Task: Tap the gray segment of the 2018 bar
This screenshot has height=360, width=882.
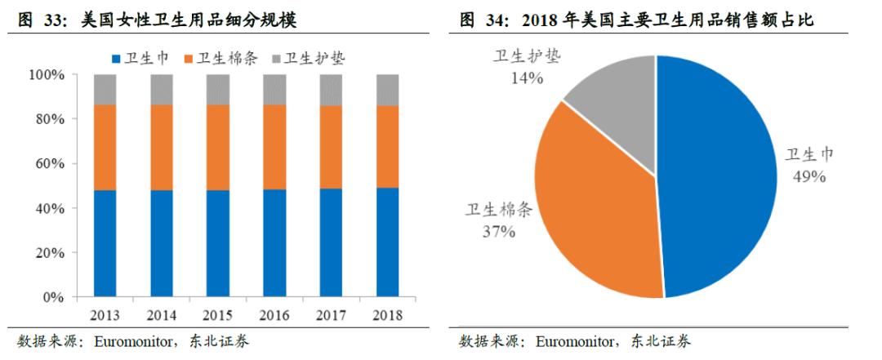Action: (x=387, y=90)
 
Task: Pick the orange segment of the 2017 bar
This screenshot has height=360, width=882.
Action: (x=331, y=147)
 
